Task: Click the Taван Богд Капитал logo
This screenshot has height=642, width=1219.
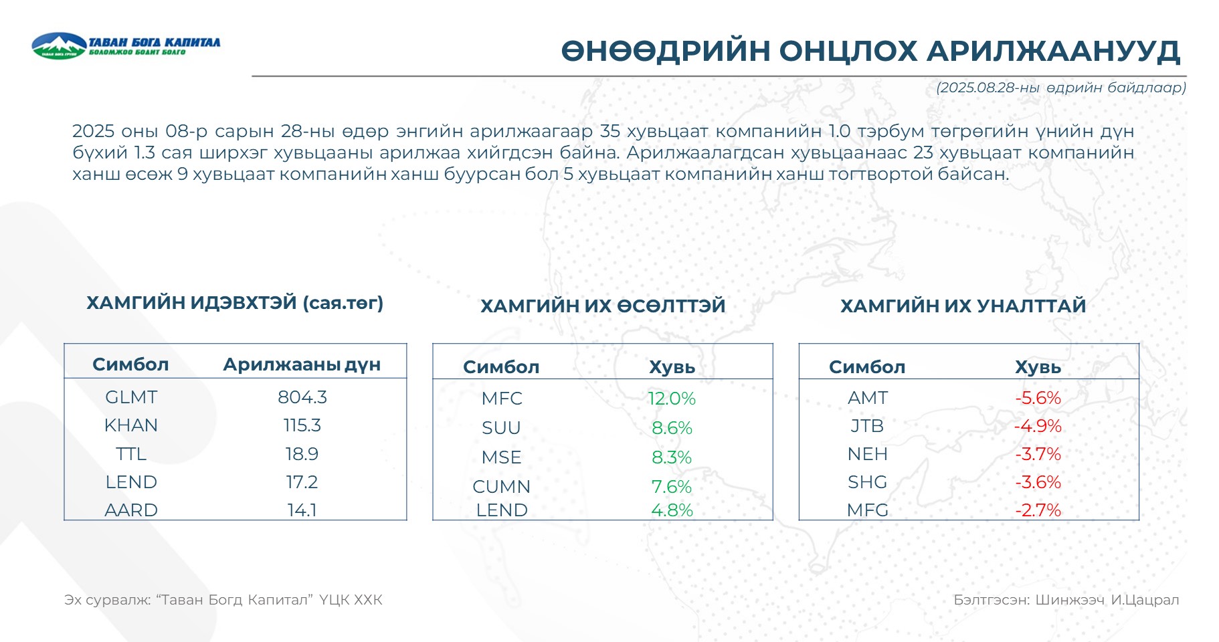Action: tap(126, 45)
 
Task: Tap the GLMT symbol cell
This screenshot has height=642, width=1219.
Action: tap(131, 397)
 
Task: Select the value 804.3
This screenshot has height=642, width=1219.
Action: tap(302, 397)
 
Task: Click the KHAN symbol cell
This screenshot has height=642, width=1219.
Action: tap(131, 425)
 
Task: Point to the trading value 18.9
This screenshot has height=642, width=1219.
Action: tap(302, 454)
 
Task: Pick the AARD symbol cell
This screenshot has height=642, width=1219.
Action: tap(131, 510)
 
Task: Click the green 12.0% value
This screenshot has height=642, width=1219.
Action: tap(672, 399)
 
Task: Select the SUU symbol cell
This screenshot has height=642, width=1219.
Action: tap(501, 428)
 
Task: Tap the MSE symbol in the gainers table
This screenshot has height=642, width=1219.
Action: tap(501, 457)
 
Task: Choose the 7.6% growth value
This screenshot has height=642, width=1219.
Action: tap(672, 487)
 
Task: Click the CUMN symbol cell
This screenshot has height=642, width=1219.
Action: tap(501, 487)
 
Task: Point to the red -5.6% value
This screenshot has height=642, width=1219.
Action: tap(1038, 398)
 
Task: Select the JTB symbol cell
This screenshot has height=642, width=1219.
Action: tap(867, 426)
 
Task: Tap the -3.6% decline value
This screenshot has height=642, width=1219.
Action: tap(1038, 482)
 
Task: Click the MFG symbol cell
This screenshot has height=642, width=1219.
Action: tap(867, 510)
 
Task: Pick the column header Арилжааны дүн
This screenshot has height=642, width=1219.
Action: tap(302, 364)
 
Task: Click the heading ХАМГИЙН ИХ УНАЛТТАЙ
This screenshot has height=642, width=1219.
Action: tap(963, 306)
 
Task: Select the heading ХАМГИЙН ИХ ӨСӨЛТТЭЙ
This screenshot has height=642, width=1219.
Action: tap(603, 306)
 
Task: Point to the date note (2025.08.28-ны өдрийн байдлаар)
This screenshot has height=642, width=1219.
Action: tap(1061, 88)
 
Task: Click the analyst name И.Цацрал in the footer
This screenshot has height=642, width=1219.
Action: tap(1145, 600)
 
